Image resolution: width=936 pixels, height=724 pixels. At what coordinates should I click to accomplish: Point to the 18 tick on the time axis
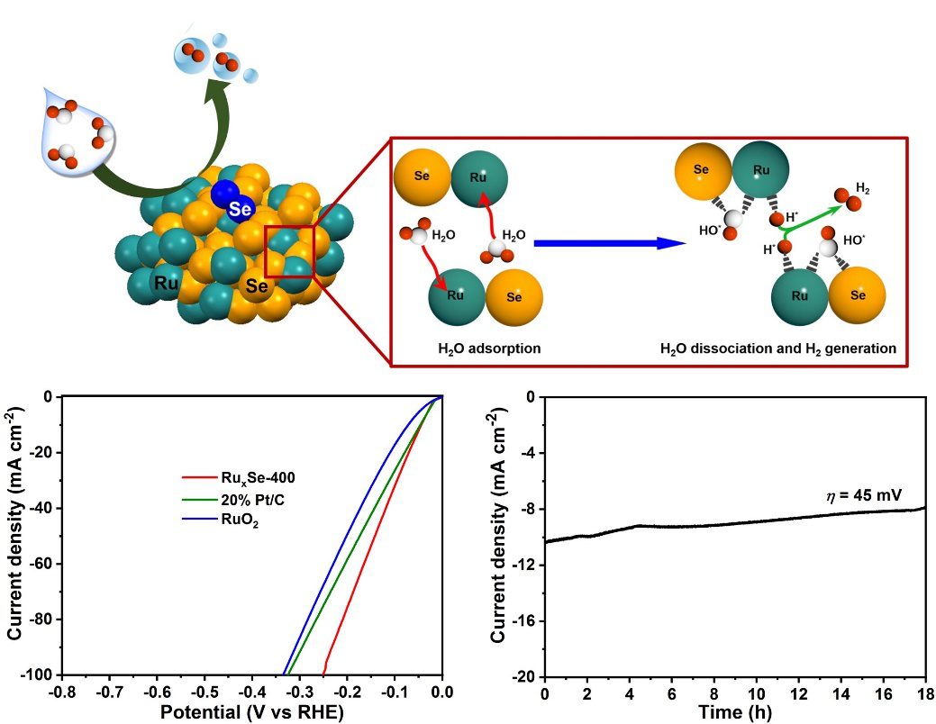pyautogui.click(x=924, y=692)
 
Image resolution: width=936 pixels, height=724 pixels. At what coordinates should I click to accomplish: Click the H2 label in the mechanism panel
pyautogui.click(x=862, y=190)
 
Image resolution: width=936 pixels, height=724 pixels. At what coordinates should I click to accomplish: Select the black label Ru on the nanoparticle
pyautogui.click(x=165, y=282)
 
